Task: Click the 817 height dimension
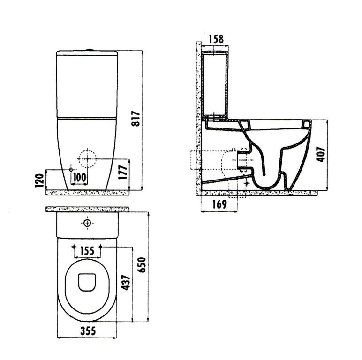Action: point(136,119)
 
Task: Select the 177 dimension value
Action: point(123,172)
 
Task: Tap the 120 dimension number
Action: point(39,180)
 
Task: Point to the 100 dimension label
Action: point(80,178)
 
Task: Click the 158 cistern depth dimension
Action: point(216,39)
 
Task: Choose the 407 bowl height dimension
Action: point(320,154)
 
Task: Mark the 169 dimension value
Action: point(219,204)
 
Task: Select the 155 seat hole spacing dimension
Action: point(87,251)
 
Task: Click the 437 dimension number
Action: point(126,283)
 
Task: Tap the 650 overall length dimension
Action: point(142,265)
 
